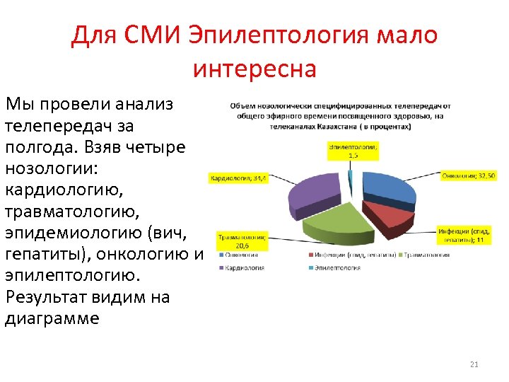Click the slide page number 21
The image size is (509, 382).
tap(474, 365)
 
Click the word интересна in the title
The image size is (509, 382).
tap(254, 69)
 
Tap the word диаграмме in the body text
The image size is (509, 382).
tap(52, 318)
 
